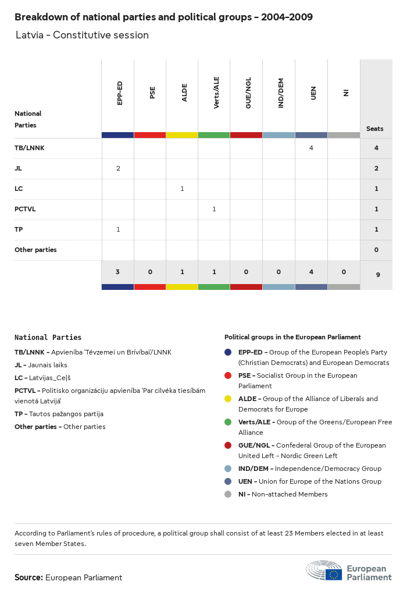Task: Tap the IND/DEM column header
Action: [x=281, y=94]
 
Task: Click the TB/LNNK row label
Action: [x=30, y=148]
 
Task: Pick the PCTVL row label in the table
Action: [x=25, y=209]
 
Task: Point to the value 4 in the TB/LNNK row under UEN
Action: [x=311, y=148]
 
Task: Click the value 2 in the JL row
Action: [x=118, y=168]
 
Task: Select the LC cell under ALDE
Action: [x=182, y=189]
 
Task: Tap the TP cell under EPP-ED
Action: [x=118, y=229]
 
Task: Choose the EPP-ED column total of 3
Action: [x=118, y=272]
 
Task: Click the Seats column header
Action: [x=375, y=129]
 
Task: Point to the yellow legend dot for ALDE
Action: [x=228, y=399]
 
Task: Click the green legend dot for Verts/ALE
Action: [x=228, y=422]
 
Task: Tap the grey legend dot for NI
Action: [x=228, y=494]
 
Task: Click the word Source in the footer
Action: [x=28, y=577]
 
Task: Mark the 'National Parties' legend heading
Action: [x=48, y=337]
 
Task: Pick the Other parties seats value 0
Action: [x=376, y=250]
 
